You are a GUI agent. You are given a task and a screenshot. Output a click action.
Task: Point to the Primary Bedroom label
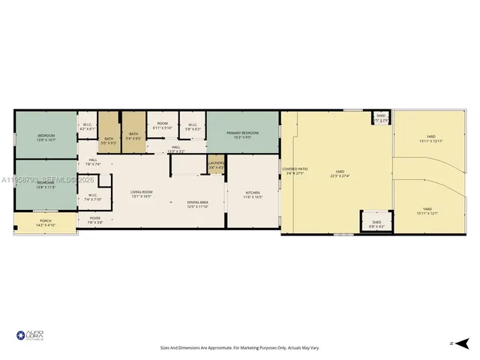[x=241, y=133]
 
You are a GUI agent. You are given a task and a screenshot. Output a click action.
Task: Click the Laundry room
[x=217, y=164]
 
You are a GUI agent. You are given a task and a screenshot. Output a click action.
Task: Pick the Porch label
[x=45, y=222]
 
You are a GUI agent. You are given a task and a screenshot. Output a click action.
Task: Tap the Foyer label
[x=95, y=220]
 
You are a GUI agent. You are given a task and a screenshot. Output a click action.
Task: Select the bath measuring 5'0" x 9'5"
[x=109, y=139]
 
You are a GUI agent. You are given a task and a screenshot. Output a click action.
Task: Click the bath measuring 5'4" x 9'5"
[x=133, y=136]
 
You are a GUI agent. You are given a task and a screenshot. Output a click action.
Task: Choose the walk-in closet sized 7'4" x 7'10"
[x=94, y=198]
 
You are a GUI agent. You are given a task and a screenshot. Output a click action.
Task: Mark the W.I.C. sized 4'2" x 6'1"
[x=87, y=127]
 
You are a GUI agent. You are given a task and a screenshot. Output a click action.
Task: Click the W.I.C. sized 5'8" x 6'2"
[x=193, y=127]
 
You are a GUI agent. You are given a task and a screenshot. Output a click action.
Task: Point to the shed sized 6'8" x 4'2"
[x=376, y=223]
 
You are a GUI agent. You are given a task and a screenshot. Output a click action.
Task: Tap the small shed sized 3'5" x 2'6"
[x=381, y=118]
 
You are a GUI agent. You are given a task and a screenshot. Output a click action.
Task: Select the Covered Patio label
[x=295, y=171]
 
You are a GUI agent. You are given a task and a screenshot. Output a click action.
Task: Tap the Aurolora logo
[x=30, y=337]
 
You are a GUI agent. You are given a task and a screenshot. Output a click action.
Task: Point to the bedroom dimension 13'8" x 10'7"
[x=46, y=140]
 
